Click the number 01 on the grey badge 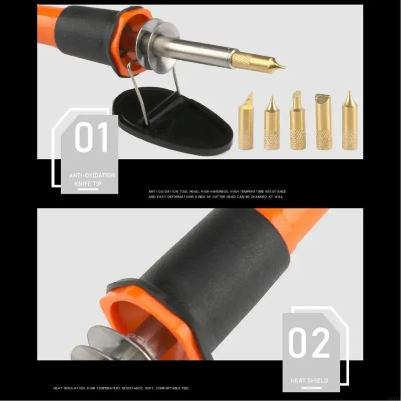point(91,138)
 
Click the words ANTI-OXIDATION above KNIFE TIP point(92,175)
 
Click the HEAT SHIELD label point(309,380)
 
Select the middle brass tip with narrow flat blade point(297,122)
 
